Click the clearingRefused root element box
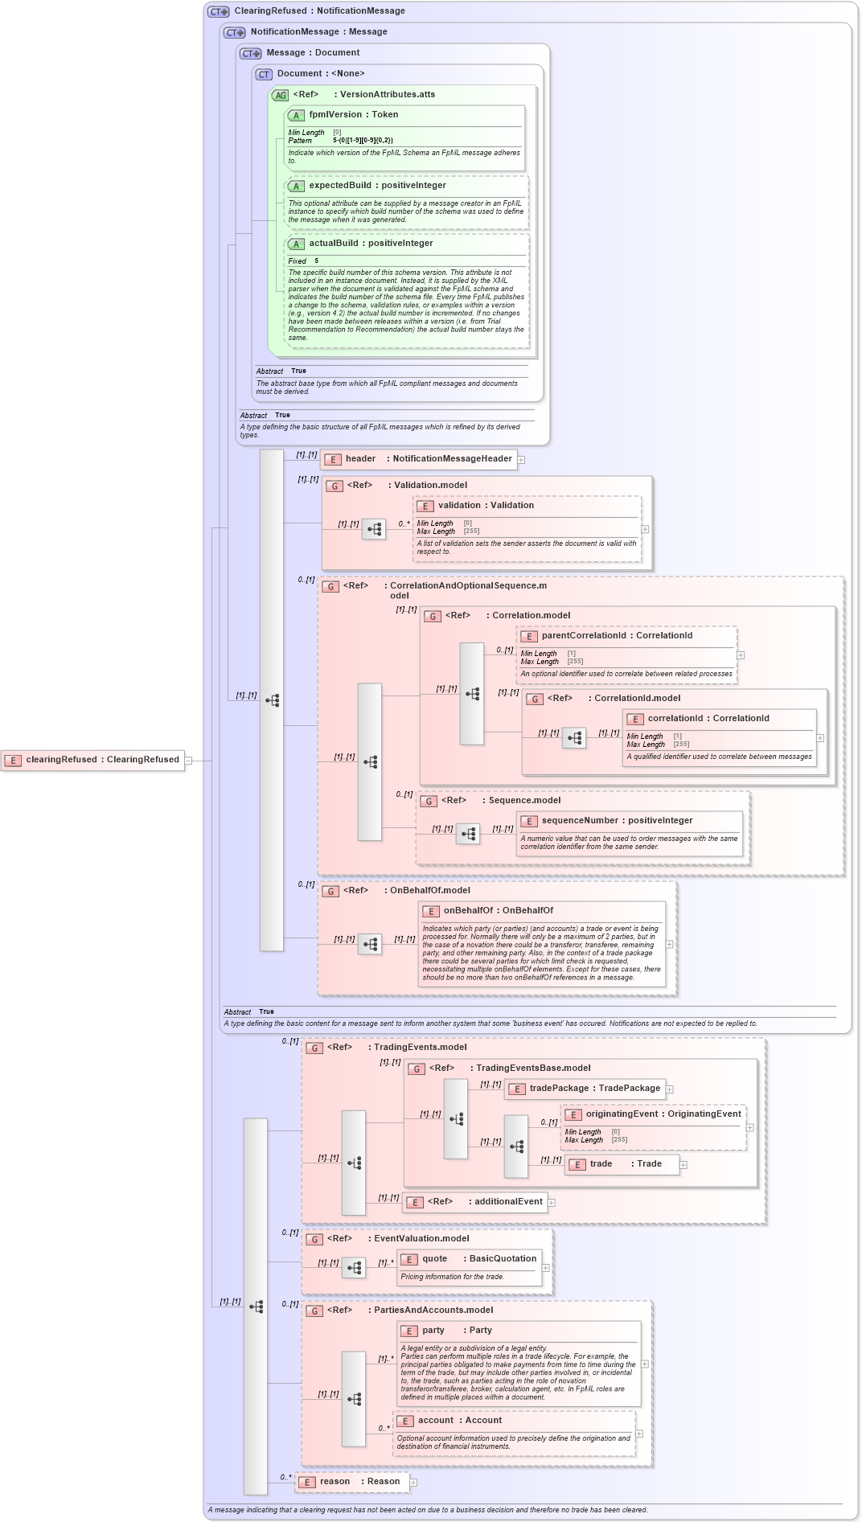92,760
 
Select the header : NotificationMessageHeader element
419,459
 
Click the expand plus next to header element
521,460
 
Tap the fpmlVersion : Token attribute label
353,115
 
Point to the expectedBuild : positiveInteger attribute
376,186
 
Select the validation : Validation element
485,506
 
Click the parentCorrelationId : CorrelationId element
616,636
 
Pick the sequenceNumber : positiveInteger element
616,821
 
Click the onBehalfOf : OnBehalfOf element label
498,911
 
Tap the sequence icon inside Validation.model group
374,529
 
